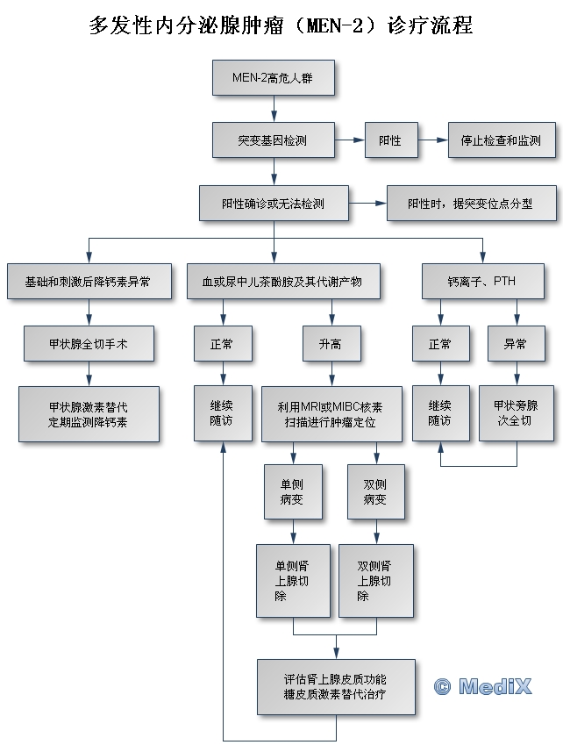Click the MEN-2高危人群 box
pyautogui.click(x=274, y=77)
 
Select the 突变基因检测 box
pyautogui.click(x=274, y=140)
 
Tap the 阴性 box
pyautogui.click(x=390, y=140)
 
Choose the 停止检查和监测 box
pyautogui.click(x=502, y=140)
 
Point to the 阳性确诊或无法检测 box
pyautogui.click(x=274, y=204)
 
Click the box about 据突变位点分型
pyautogui.click(x=471, y=204)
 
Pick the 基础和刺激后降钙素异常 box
pyautogui.click(x=88, y=282)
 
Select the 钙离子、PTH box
pyautogui.click(x=482, y=282)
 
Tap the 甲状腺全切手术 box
pyautogui.click(x=89, y=344)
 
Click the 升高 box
pyautogui.click(x=330, y=344)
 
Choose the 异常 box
pyautogui.click(x=516, y=344)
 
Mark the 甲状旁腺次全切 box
pyautogui.click(x=516, y=413)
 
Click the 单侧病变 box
pyautogui.click(x=293, y=492)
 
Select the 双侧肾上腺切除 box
pyautogui.click(x=376, y=581)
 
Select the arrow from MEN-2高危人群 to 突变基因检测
pyautogui.click(x=274, y=108)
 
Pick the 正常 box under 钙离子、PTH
pyautogui.click(x=440, y=344)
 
